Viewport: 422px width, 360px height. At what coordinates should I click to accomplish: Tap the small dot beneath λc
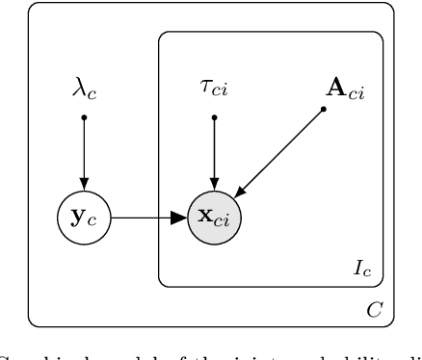point(85,117)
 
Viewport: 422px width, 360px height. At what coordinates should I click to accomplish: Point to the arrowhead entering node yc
point(85,185)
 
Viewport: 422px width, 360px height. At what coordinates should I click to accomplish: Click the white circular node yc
point(85,218)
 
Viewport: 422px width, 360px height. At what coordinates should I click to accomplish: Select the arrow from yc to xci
point(145,218)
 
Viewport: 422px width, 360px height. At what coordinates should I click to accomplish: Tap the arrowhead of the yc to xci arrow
point(180,218)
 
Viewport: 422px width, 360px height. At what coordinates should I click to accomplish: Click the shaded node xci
point(214,218)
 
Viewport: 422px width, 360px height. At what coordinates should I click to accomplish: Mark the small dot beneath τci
point(214,117)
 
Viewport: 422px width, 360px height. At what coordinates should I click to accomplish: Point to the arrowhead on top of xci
point(214,185)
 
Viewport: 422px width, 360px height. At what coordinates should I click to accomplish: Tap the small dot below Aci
point(324,108)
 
